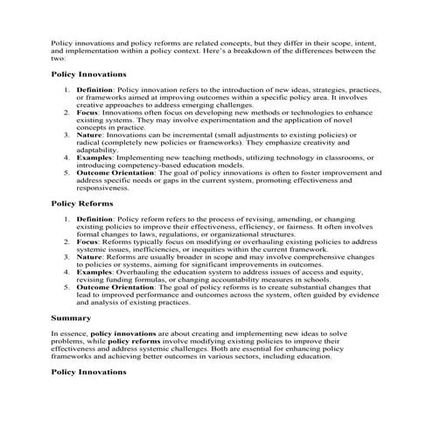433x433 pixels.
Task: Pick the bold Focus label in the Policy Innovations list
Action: click(87, 113)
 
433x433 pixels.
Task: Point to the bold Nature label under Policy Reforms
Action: click(89, 257)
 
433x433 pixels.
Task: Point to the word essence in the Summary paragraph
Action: click(73, 333)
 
